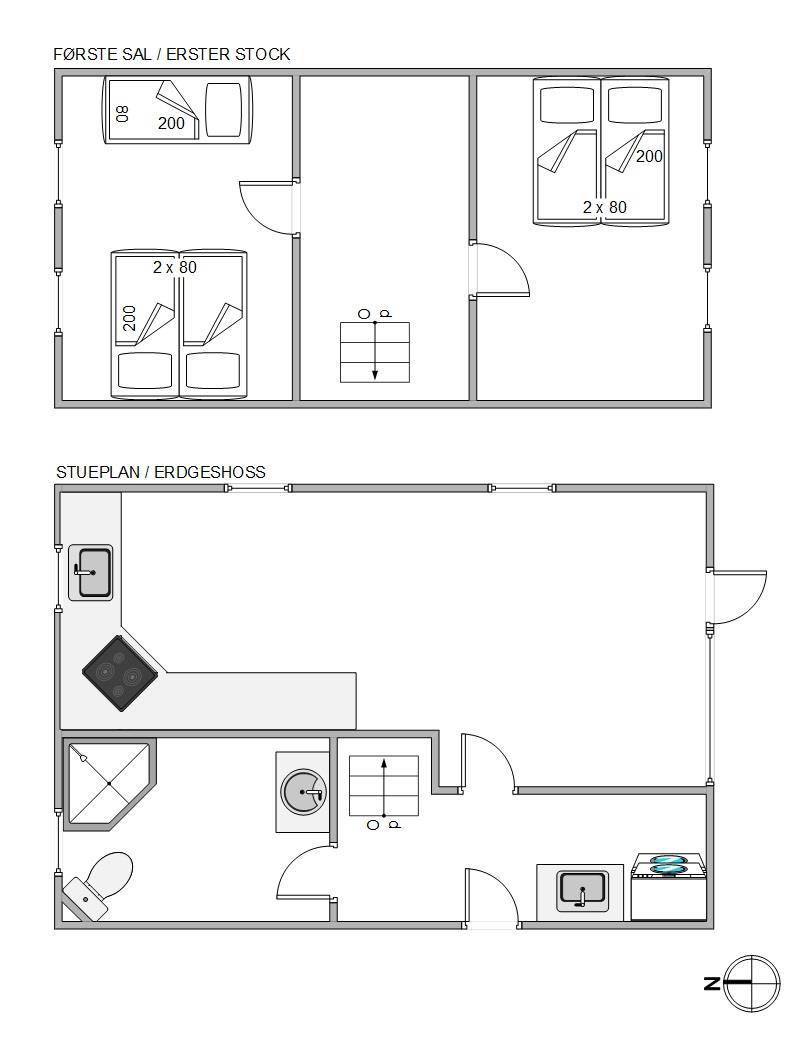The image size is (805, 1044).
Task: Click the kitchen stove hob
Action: [121, 673]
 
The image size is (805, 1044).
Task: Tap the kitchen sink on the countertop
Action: [91, 573]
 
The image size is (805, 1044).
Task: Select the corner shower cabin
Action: [109, 784]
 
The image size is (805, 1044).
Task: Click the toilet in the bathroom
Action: [97, 885]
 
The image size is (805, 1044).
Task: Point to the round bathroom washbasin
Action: [304, 792]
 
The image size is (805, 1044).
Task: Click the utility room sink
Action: [582, 890]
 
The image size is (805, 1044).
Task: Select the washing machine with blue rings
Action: [668, 887]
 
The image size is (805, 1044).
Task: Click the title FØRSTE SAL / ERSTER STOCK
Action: [172, 54]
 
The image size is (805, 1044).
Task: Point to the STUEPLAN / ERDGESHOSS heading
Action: [160, 472]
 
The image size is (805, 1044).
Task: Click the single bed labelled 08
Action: [178, 109]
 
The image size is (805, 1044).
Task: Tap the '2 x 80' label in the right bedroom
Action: [605, 207]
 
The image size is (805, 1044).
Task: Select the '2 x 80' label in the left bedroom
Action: [174, 267]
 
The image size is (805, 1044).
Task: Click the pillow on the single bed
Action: [223, 110]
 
